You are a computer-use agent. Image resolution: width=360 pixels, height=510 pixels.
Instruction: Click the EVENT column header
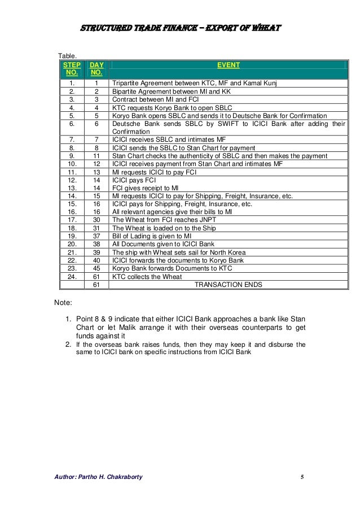tap(229, 66)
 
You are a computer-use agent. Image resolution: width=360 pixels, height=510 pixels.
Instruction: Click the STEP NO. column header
tap(72, 69)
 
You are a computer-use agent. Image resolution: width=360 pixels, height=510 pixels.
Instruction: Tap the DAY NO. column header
tap(96, 69)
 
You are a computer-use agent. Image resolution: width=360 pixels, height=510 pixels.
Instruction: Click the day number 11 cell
tap(96, 156)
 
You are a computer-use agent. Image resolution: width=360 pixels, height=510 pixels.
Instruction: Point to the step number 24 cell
tap(72, 277)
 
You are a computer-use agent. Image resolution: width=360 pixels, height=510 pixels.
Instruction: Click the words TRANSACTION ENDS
tap(228, 285)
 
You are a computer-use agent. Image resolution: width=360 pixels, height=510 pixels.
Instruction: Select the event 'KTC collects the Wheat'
tap(147, 277)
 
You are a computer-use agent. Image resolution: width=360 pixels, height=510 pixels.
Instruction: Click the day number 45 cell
tap(96, 269)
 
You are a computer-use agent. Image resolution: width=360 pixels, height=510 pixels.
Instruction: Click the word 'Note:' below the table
tap(63, 303)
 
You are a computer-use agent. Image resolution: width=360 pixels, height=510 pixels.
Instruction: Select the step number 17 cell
tap(72, 220)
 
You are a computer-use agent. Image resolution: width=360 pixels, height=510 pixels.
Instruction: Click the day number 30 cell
tap(96, 220)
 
